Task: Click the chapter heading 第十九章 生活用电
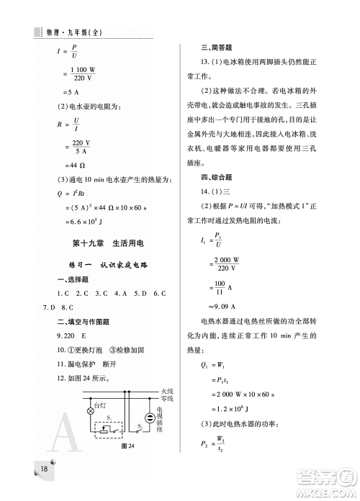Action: (99, 245)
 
